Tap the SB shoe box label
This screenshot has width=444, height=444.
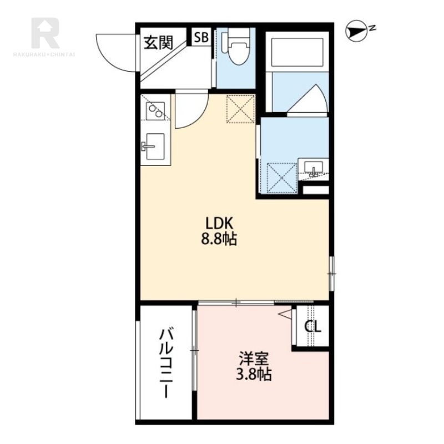pyautogui.click(x=201, y=37)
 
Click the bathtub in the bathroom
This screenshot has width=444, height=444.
pyautogui.click(x=297, y=53)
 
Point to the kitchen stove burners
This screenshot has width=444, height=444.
pyautogui.click(x=155, y=110)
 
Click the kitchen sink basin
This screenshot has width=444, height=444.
pyautogui.click(x=155, y=146)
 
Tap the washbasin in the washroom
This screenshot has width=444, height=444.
pyautogui.click(x=313, y=167)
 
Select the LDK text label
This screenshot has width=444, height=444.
pyautogui.click(x=219, y=224)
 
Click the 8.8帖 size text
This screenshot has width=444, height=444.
pyautogui.click(x=219, y=239)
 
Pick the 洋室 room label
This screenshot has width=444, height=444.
pyautogui.click(x=254, y=359)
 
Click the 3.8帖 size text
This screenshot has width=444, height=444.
pyautogui.click(x=254, y=374)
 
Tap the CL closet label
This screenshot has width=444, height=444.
pyautogui.click(x=312, y=326)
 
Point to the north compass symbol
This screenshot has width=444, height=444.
pyautogui.click(x=357, y=31)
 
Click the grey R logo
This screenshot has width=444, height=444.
pyautogui.click(x=46, y=33)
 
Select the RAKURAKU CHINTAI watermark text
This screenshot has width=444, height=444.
pyautogui.click(x=44, y=54)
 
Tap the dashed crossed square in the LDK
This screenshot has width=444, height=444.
pyautogui.click(x=240, y=109)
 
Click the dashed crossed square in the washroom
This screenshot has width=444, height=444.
pyautogui.click(x=282, y=178)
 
